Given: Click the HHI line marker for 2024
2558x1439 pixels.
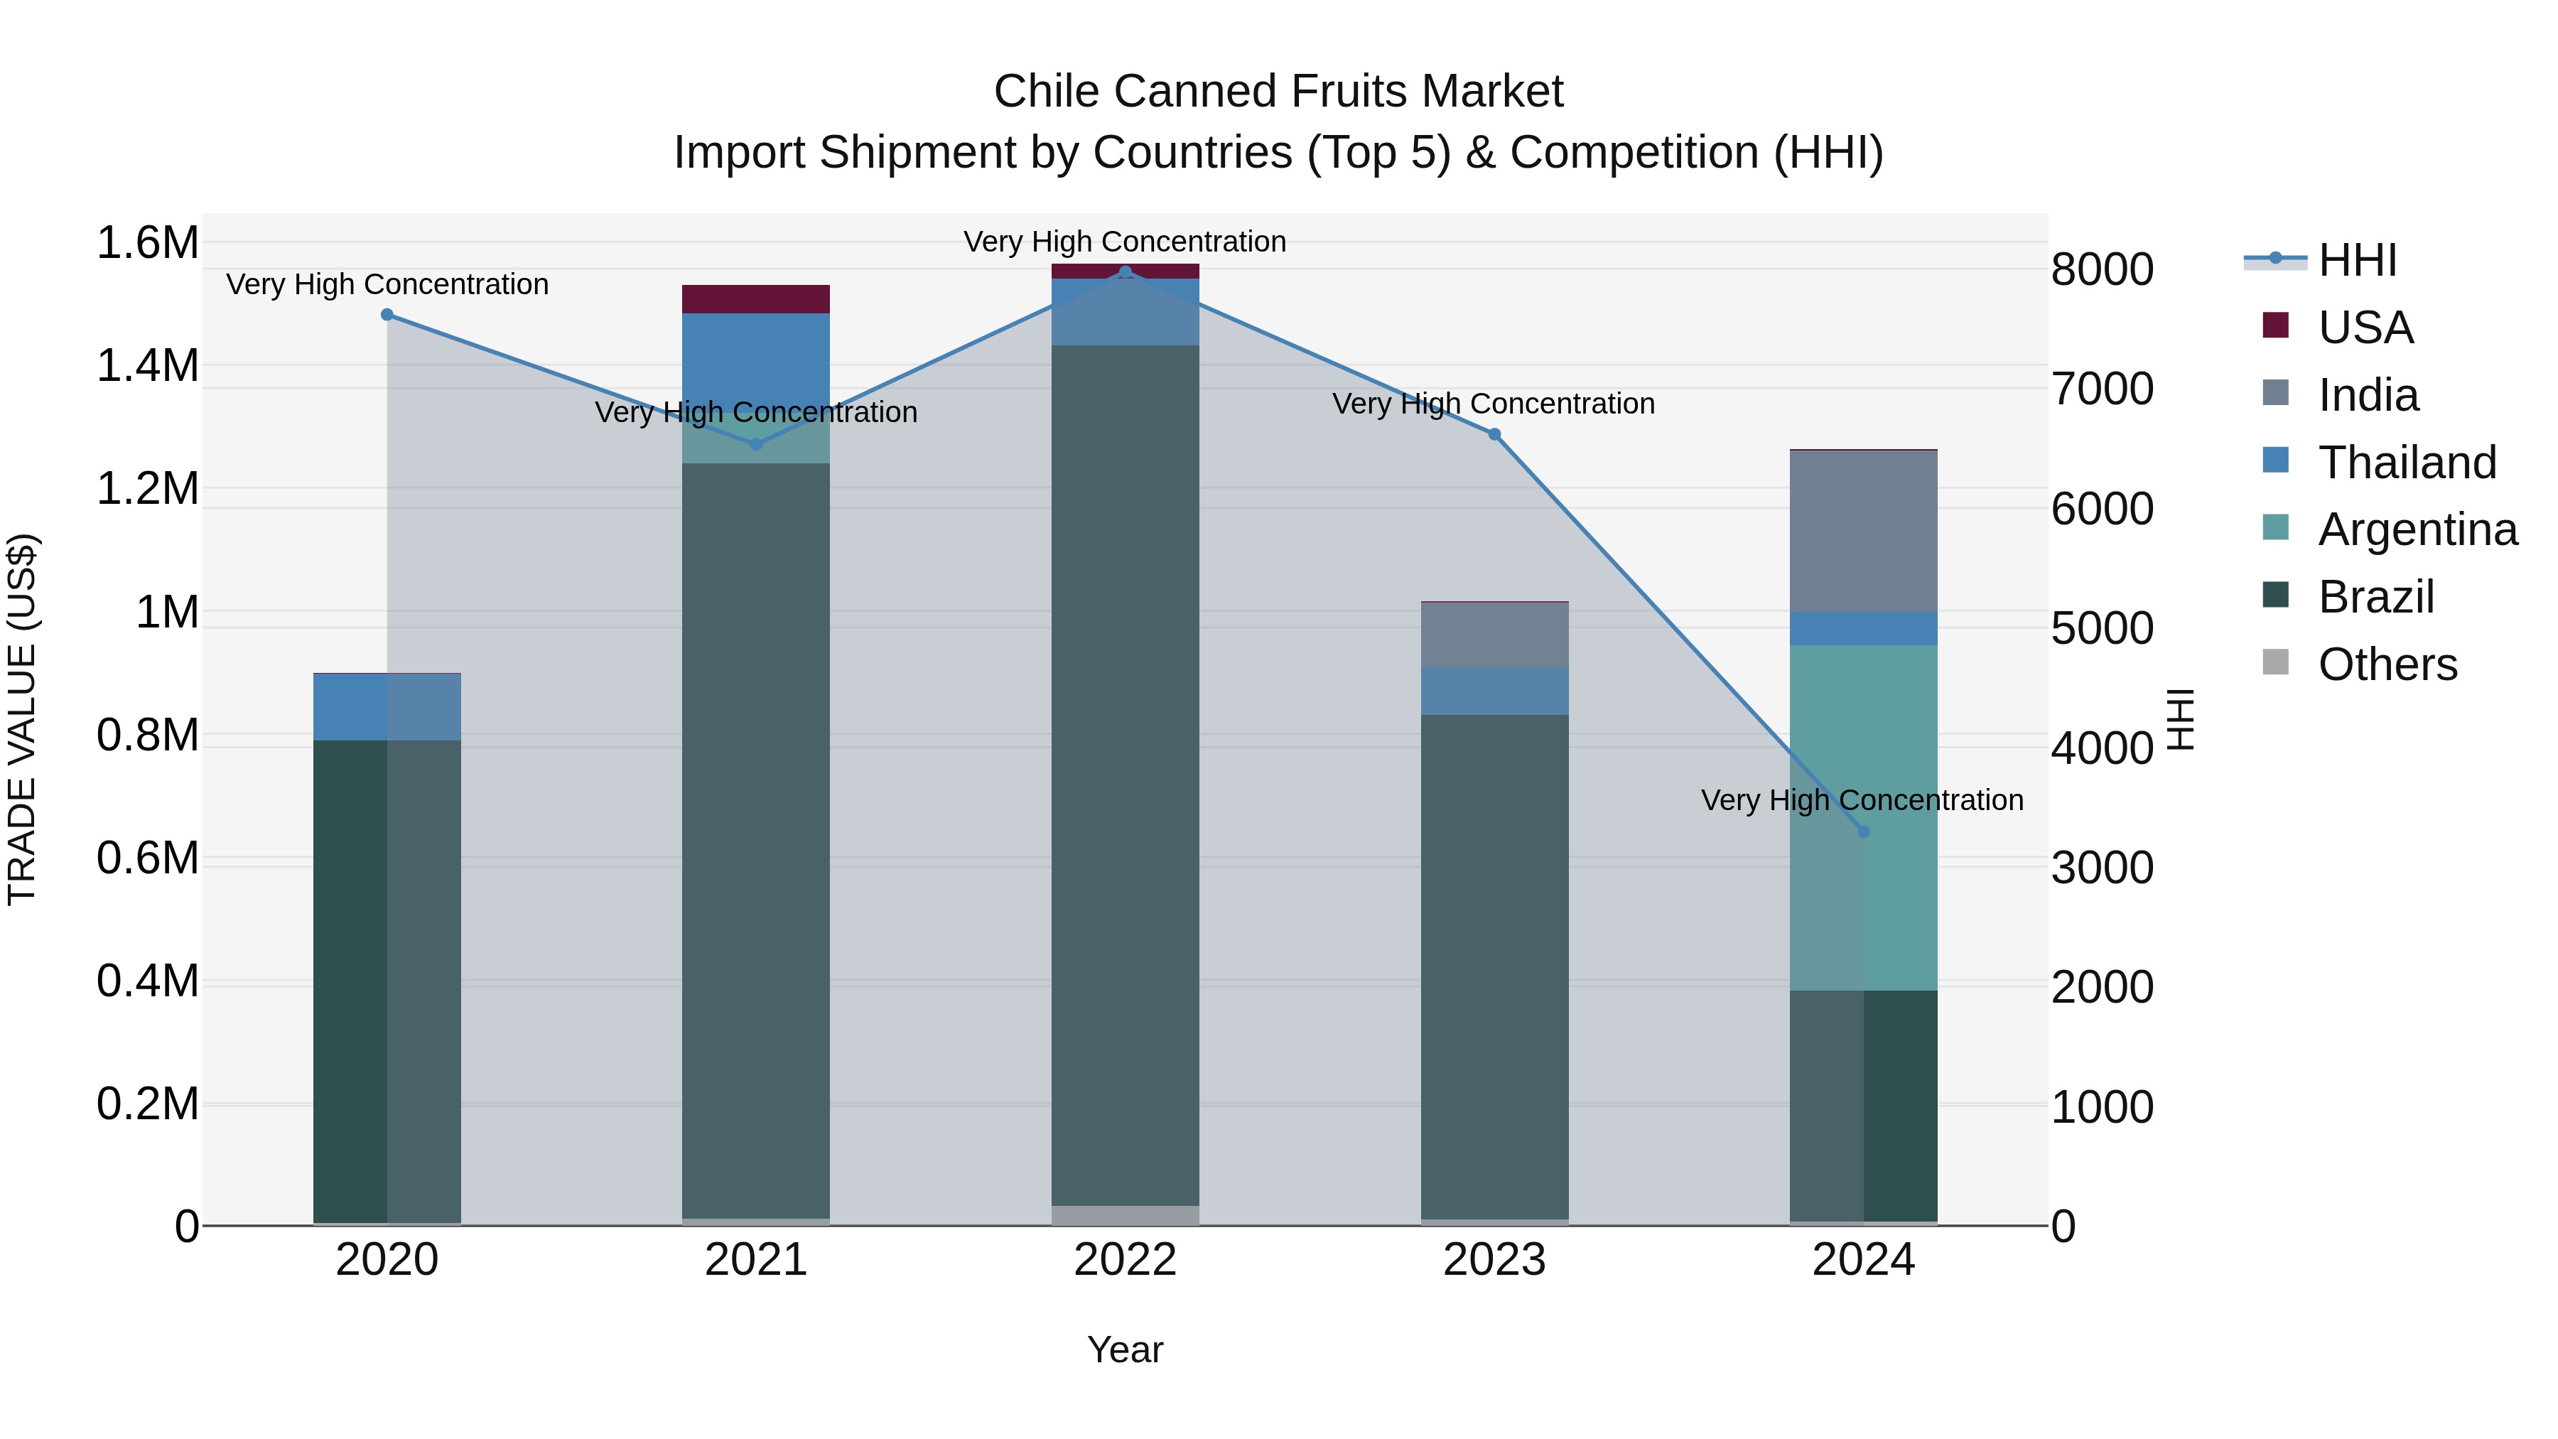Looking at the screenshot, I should tap(1863, 831).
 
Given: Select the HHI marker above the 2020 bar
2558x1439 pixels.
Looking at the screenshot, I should tap(387, 315).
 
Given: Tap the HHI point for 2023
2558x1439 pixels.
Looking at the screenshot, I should tap(1494, 434).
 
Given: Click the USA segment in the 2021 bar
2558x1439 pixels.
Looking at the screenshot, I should tap(756, 299).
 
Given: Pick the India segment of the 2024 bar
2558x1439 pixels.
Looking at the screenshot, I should tap(1863, 532).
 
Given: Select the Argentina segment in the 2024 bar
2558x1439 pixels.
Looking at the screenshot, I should tap(1863, 816).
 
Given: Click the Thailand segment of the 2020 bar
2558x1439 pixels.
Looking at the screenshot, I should tap(387, 707).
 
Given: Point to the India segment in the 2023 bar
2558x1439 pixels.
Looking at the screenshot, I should tap(1494, 635).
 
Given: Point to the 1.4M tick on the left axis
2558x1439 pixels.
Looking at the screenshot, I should tap(147, 365).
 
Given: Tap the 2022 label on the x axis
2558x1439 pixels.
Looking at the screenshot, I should tap(1125, 1260).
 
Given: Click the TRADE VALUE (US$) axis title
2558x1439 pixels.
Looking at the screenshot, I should tap(23, 719).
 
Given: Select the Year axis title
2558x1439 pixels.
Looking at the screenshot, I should tap(1125, 1349).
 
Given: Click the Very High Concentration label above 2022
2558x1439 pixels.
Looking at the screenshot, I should tap(1125, 242).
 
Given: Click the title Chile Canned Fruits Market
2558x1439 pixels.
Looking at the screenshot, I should tap(1278, 92).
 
